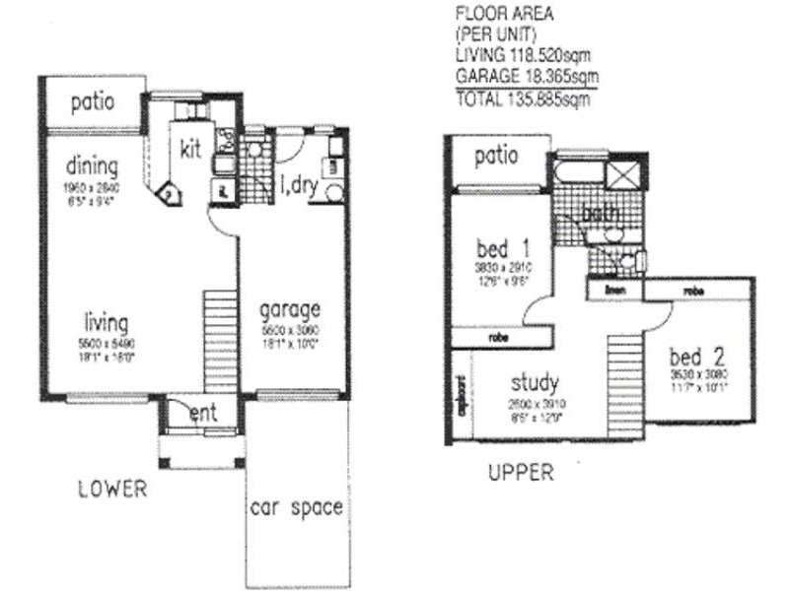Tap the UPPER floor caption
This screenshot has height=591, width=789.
coord(521,474)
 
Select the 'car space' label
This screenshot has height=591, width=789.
coord(295,508)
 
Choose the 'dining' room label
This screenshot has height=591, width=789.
coord(93,164)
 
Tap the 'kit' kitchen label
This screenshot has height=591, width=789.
coord(190,148)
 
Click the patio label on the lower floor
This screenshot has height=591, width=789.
coord(92,101)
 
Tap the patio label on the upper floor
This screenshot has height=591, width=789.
coord(497,157)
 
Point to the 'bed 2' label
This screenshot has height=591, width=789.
coord(696,356)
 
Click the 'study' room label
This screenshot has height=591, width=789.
coord(536,382)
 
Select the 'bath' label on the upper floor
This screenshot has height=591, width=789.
coord(600,213)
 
